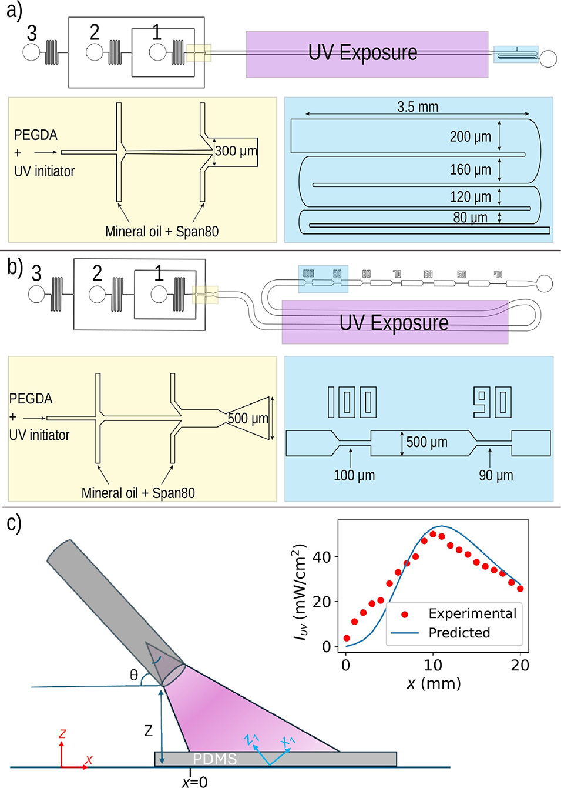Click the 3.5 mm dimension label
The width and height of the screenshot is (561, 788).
coord(418,107)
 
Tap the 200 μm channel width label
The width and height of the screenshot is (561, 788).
coord(470,137)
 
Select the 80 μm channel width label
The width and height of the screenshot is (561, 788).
coord(470,218)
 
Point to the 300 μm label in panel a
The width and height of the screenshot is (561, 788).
coord(236,151)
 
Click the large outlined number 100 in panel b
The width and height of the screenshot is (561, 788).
coord(352,402)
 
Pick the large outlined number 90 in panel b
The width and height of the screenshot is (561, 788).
coord(492,402)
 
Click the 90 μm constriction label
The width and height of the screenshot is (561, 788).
coord(496,475)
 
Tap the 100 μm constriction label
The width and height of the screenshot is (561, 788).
coord(354,475)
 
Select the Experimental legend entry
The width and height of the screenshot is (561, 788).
coord(472,613)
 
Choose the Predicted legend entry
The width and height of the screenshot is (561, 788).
coord(459,633)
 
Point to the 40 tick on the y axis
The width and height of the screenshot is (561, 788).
coord(322,556)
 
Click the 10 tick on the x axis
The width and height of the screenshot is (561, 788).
coord(433,665)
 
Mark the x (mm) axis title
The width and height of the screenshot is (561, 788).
coord(434,683)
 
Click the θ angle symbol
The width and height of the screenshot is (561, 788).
coord(134,675)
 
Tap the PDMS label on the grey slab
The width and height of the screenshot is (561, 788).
coord(214,759)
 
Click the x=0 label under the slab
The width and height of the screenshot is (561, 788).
coord(194,782)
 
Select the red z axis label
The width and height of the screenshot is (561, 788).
coord(62,733)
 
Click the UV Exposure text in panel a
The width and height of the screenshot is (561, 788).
coord(362,53)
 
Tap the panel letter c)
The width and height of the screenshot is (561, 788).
coord(14,523)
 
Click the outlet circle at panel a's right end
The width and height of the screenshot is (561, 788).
coord(548,59)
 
